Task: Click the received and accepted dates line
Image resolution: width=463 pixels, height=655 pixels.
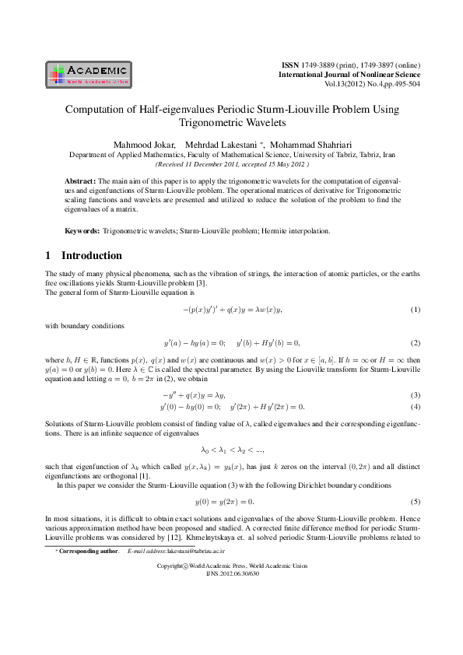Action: (x=231, y=164)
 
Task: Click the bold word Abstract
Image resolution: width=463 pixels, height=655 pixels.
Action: (x=80, y=180)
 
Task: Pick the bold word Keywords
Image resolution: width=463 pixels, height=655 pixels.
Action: (x=82, y=232)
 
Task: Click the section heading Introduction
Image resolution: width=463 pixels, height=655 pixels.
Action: (x=91, y=255)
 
